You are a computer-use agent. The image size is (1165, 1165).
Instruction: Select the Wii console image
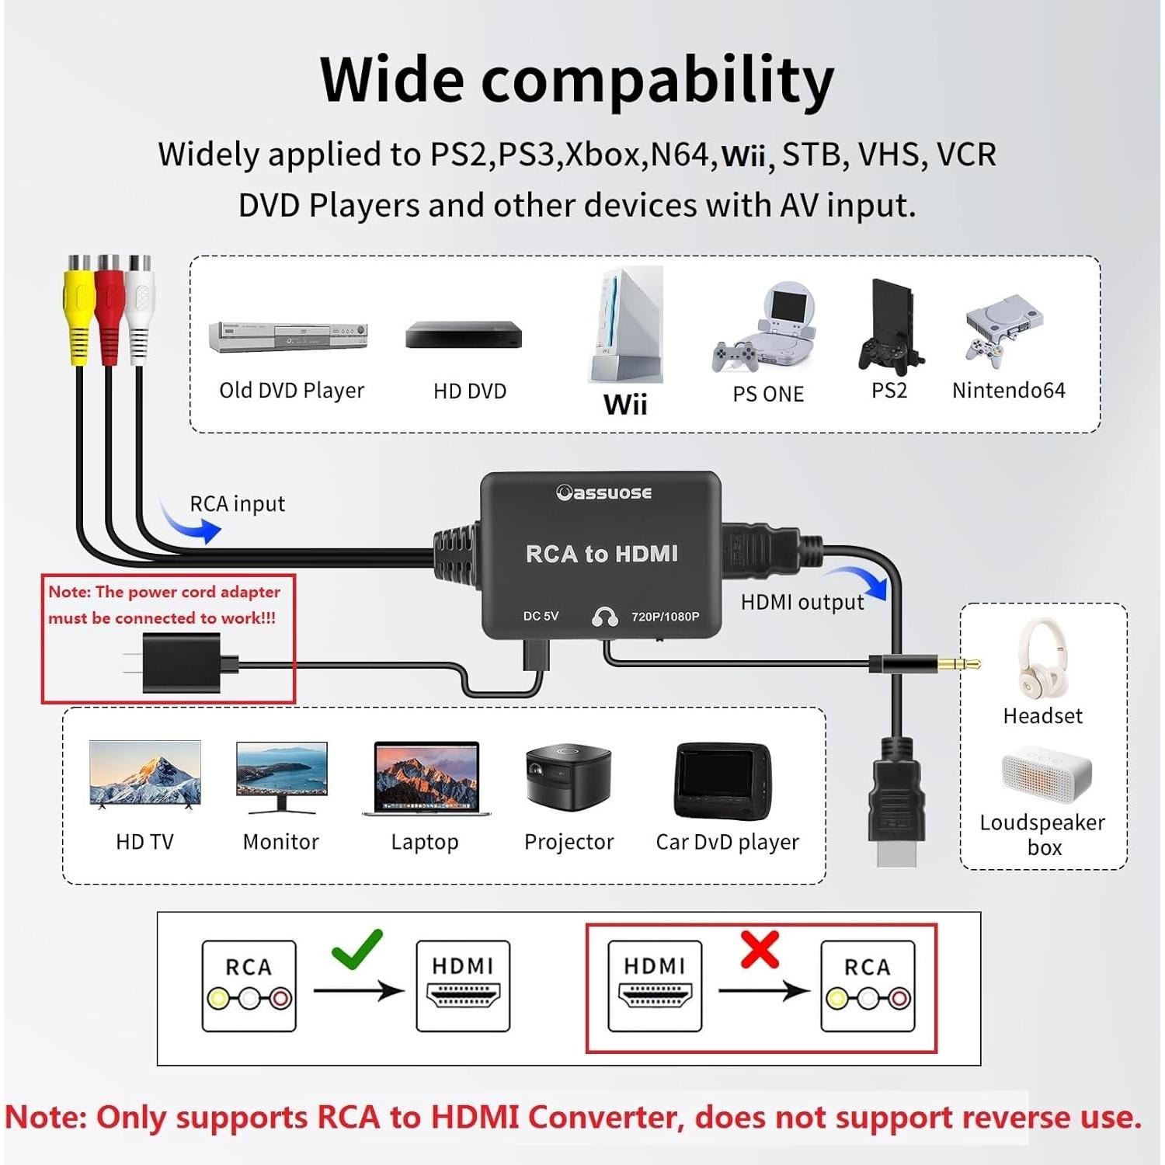628,326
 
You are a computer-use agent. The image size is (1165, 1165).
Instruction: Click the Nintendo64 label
1008,390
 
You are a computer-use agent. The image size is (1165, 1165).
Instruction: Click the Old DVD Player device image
288,337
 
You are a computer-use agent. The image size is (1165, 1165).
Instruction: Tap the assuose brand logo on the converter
603,492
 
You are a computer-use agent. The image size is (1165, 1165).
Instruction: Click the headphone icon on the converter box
604,617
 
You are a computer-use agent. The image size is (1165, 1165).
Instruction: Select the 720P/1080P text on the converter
665,617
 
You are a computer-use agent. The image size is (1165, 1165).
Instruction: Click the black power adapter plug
182,662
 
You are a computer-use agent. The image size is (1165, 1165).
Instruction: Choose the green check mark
356,948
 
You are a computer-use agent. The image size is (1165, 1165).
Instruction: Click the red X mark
759,950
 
